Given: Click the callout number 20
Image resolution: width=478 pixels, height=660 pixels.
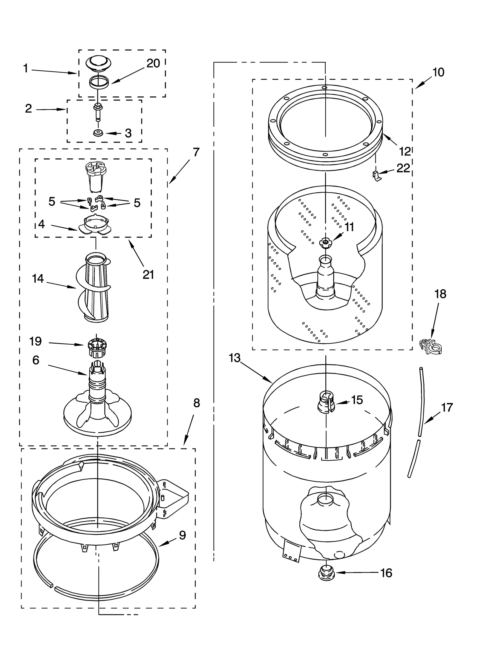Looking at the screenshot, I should click(x=153, y=63).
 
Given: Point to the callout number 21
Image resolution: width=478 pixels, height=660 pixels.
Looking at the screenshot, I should click(x=148, y=274).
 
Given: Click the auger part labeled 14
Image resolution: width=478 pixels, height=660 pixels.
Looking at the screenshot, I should click(x=96, y=288).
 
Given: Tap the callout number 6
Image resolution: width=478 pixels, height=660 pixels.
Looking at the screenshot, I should click(x=36, y=360).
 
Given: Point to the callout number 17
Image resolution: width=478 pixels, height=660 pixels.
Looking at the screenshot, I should click(x=447, y=407).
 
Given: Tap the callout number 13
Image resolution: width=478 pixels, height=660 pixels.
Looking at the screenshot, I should click(x=235, y=358).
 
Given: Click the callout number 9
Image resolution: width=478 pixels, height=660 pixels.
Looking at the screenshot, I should click(x=183, y=535).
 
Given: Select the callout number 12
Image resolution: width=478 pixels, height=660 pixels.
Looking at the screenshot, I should click(x=405, y=152).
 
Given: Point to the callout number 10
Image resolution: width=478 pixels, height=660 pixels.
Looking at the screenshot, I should click(x=438, y=72).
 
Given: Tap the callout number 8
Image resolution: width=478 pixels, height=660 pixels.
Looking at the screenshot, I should click(x=196, y=403).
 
